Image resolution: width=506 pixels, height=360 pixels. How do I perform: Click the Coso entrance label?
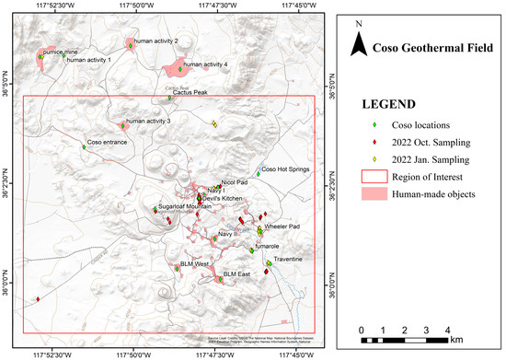point(107,144)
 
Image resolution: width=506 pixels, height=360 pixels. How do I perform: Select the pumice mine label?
point(63,54)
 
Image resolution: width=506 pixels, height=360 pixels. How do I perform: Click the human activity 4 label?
point(205,64)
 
